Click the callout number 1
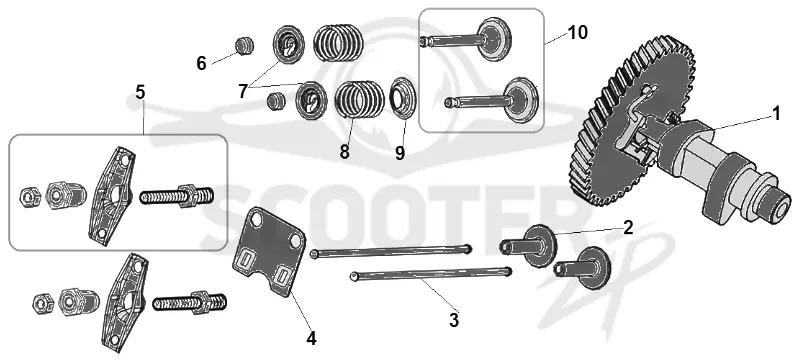[776, 114]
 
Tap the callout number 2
[628, 227]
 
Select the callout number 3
[454, 320]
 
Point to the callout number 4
[311, 339]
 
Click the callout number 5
[140, 92]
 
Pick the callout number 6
[202, 64]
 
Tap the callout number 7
[243, 91]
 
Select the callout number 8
[344, 151]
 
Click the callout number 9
[400, 152]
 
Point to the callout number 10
[577, 33]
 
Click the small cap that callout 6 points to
[244, 46]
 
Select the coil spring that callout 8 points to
[359, 99]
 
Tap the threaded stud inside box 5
[177, 196]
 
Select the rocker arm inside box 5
[112, 194]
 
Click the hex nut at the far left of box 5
[27, 195]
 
